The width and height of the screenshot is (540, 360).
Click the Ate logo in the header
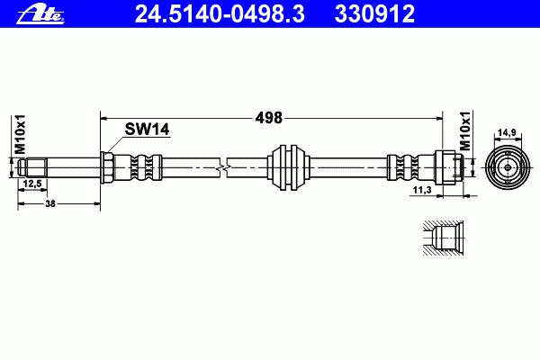[x=40, y=15]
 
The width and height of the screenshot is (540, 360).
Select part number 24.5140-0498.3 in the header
[x=220, y=13]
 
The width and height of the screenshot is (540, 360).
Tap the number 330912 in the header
[x=374, y=13]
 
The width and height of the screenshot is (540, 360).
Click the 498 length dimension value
[x=268, y=118]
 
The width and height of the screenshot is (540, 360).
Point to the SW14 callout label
[x=147, y=130]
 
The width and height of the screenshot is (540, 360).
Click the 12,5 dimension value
[x=32, y=184]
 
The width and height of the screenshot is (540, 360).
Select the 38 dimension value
[x=50, y=203]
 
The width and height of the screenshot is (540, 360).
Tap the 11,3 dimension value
[x=422, y=190]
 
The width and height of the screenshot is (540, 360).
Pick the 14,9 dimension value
[x=508, y=132]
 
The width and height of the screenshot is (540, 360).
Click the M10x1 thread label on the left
[x=20, y=134]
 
